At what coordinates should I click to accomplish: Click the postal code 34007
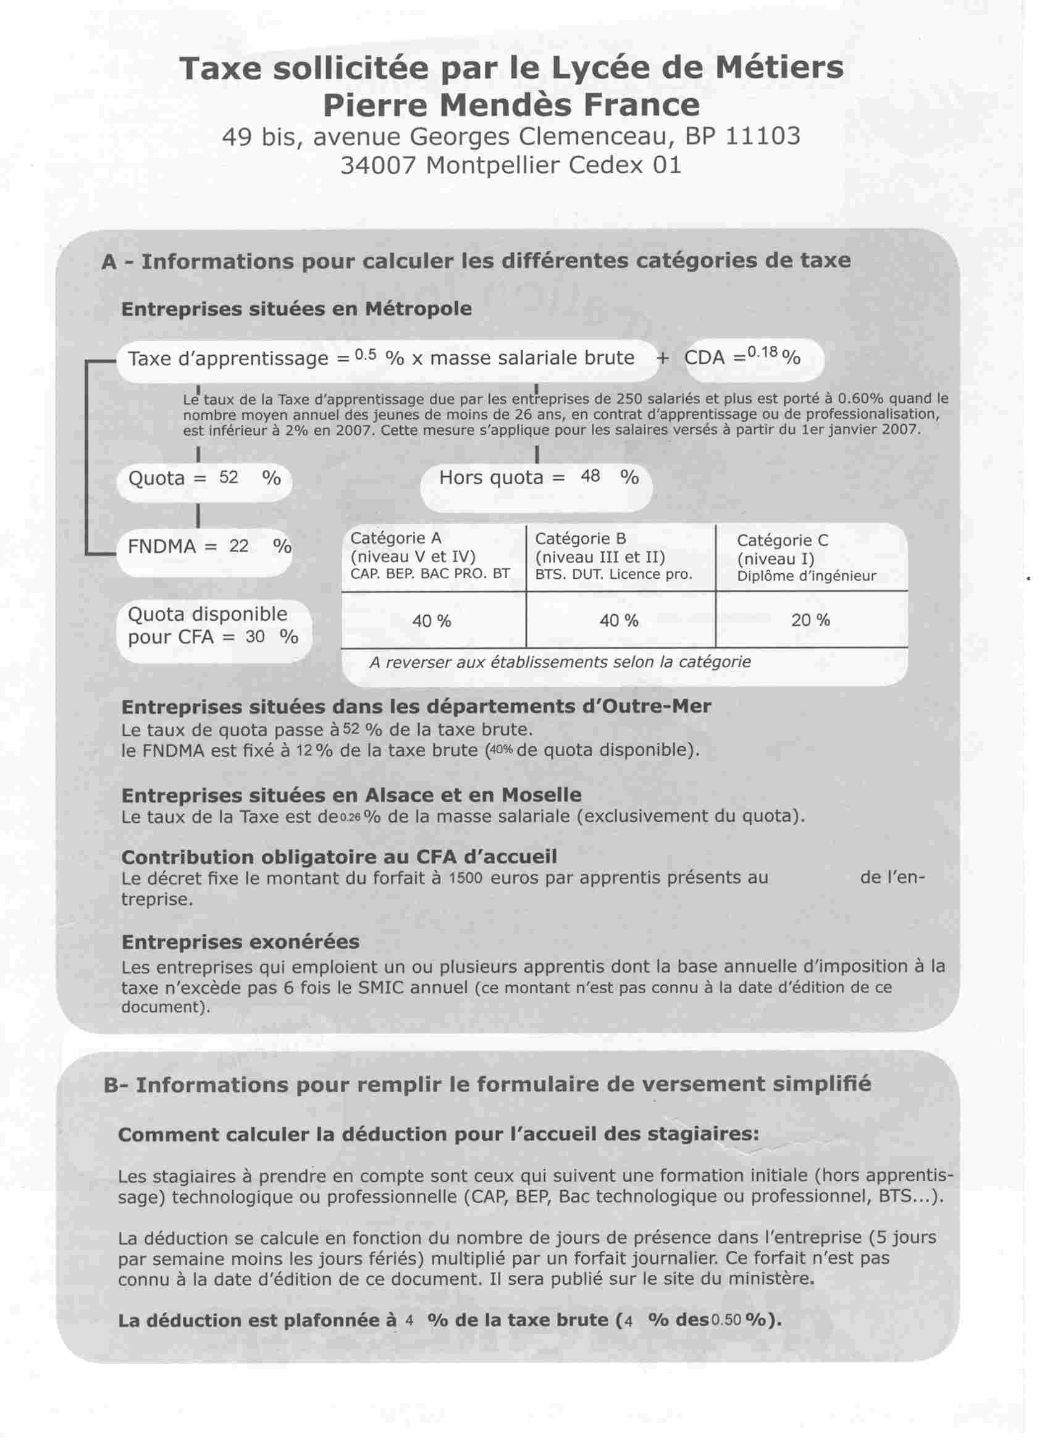point(378,166)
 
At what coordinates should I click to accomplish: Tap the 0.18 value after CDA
point(763,353)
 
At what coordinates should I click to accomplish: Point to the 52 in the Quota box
point(229,477)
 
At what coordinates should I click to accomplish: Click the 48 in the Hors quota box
point(590,476)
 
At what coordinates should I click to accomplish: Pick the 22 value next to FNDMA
point(239,546)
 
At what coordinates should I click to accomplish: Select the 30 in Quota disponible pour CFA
point(255,636)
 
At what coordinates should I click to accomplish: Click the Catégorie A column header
point(395,539)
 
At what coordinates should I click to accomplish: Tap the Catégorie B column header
point(580,539)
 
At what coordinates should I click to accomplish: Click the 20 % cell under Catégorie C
point(810,620)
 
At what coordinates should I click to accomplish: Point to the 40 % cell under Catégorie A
point(432,620)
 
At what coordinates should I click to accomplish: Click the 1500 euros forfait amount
point(464,878)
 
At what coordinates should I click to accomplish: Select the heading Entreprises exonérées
point(240,942)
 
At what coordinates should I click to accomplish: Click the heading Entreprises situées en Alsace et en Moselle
point(351,795)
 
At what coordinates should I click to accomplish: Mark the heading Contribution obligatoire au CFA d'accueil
point(339,857)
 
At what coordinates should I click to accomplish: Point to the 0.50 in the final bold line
point(725,1321)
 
